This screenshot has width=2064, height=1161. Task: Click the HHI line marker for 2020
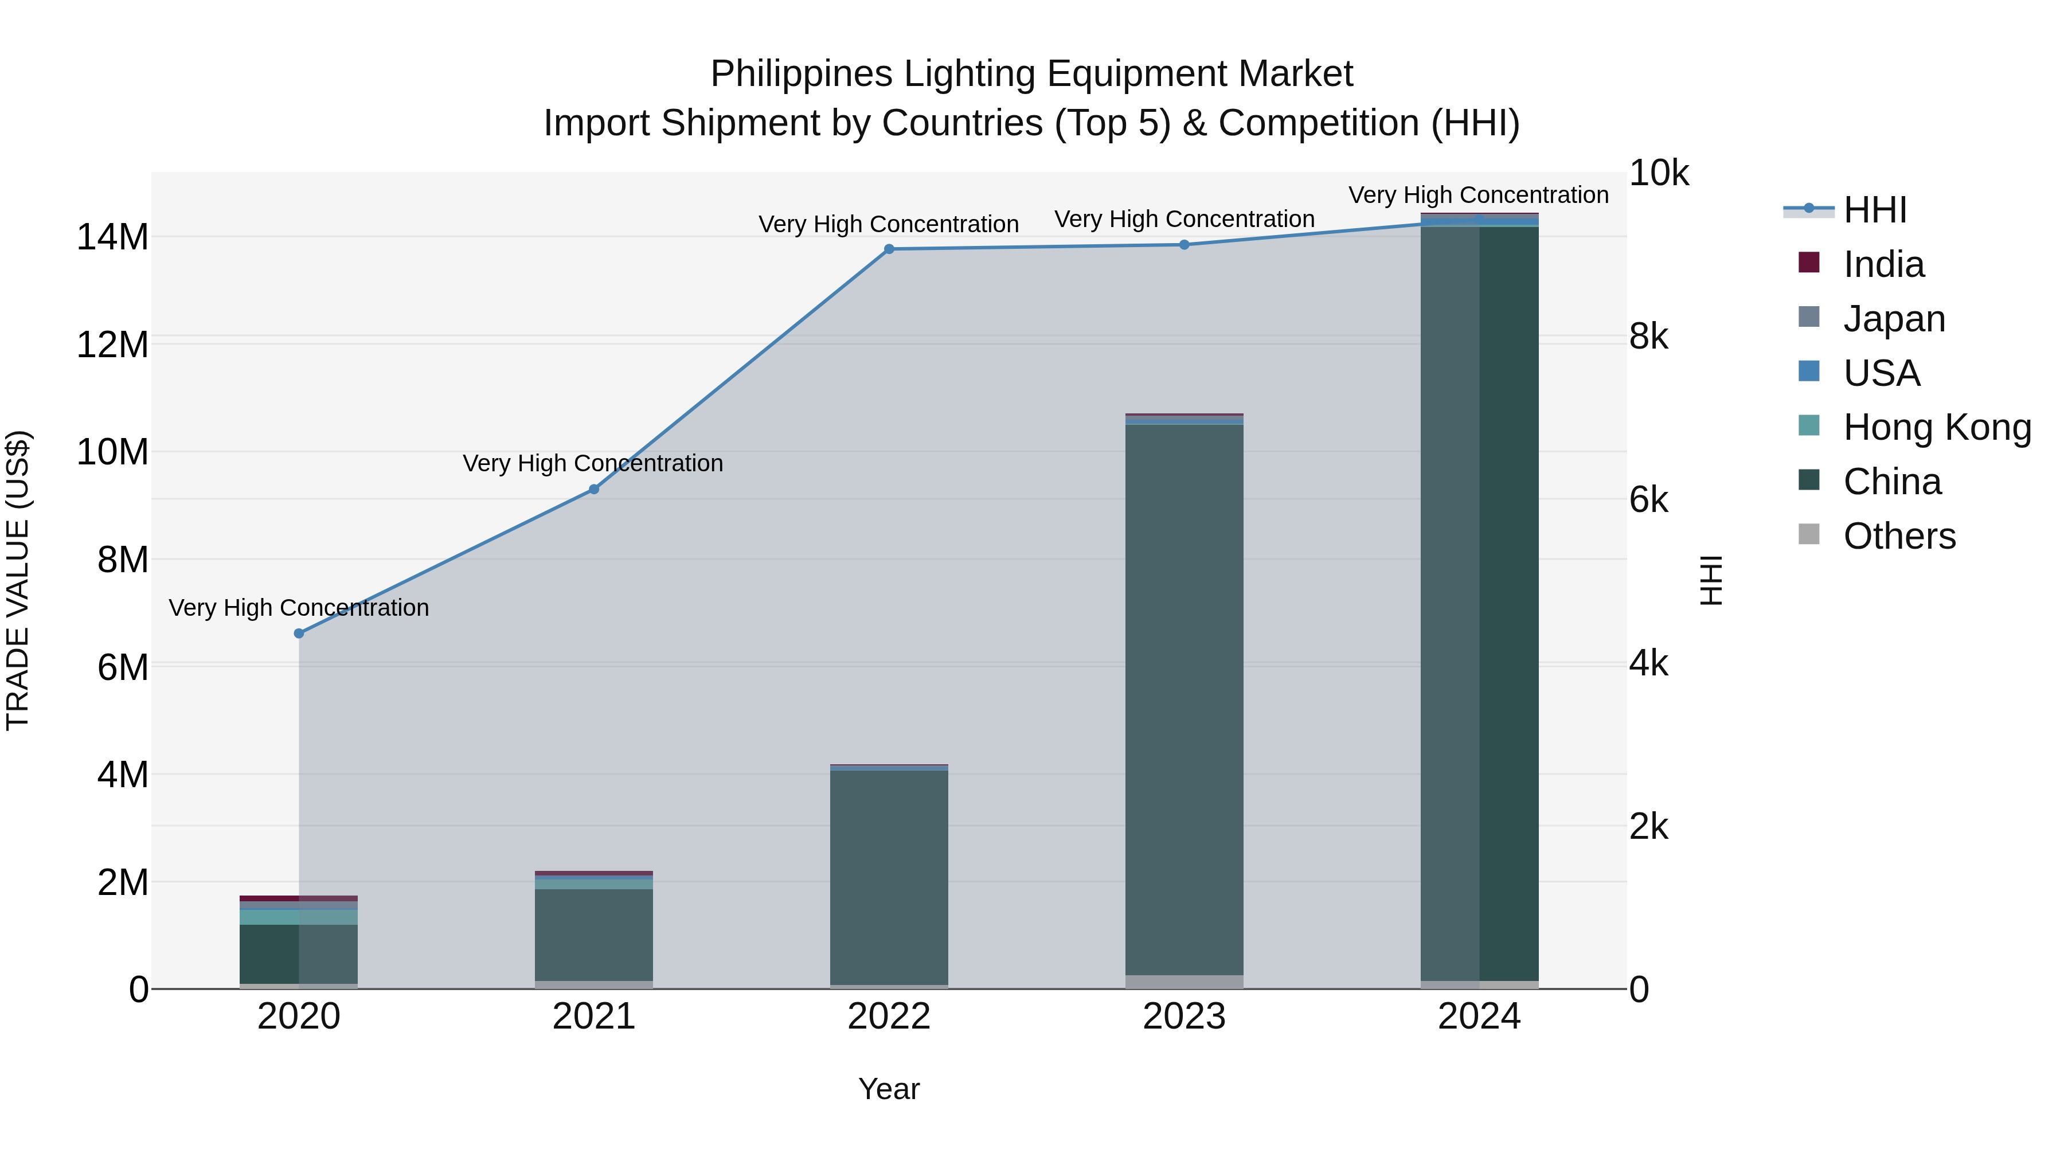click(x=299, y=633)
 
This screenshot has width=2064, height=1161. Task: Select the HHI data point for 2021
click(x=594, y=488)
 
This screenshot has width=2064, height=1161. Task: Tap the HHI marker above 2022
click(x=889, y=249)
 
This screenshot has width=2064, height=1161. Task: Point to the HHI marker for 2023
click(x=1185, y=244)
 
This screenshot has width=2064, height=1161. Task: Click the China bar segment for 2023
click(x=1185, y=697)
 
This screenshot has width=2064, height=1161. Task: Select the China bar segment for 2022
click(x=889, y=877)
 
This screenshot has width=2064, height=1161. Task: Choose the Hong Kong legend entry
click(x=1937, y=427)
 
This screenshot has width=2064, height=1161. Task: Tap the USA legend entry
click(x=1881, y=373)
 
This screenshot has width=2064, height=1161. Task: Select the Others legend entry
click(x=1899, y=536)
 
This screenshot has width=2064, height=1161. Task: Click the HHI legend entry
click(x=1874, y=210)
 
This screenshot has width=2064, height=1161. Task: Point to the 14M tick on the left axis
click(x=112, y=237)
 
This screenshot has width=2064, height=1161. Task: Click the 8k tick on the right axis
click(x=1649, y=337)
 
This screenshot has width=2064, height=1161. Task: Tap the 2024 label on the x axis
click(x=1479, y=1017)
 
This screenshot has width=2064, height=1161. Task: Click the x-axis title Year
click(x=889, y=1089)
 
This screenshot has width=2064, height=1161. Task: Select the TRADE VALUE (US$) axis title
click(x=18, y=580)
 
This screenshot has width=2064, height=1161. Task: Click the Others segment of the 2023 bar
click(x=1185, y=982)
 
